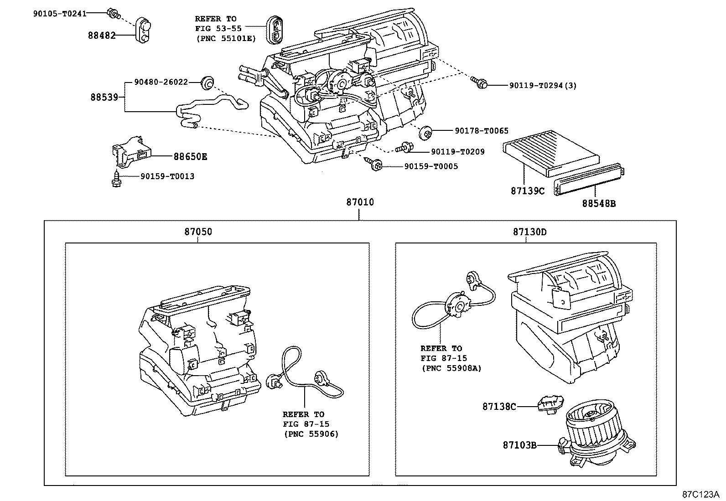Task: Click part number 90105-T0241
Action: [59, 13]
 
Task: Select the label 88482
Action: [102, 35]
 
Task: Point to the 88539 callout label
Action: [104, 97]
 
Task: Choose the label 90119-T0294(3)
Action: [537, 85]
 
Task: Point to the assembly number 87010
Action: [360, 201]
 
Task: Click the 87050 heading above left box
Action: [198, 232]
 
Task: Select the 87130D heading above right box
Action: [529, 232]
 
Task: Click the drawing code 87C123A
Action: [700, 494]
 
